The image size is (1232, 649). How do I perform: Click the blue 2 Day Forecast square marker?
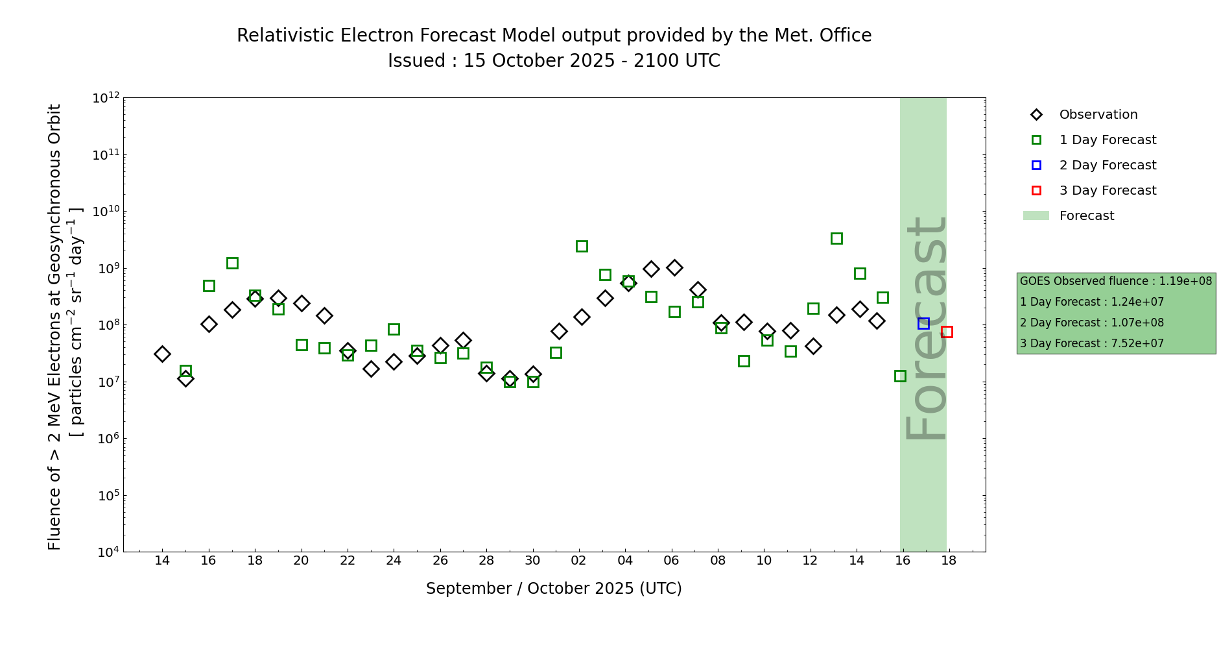[923, 323]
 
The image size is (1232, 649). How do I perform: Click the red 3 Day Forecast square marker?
[947, 332]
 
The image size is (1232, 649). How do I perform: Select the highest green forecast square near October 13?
[836, 238]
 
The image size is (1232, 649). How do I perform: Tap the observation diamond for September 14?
[162, 354]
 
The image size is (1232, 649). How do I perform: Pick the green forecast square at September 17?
[232, 263]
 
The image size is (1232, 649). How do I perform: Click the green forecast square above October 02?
[582, 246]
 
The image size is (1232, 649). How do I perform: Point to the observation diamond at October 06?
[674, 267]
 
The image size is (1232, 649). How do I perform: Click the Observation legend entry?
[1098, 115]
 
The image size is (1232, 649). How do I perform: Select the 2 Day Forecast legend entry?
[1108, 165]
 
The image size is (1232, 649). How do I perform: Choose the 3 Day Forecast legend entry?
[1108, 191]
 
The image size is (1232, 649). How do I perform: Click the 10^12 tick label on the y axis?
[106, 98]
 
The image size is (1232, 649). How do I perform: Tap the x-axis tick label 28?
[486, 561]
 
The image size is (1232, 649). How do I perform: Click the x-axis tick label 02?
[578, 561]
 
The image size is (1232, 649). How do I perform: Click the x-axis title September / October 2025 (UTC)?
[554, 589]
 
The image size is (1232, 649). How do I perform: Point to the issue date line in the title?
[554, 61]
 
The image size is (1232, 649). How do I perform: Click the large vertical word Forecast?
[926, 328]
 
